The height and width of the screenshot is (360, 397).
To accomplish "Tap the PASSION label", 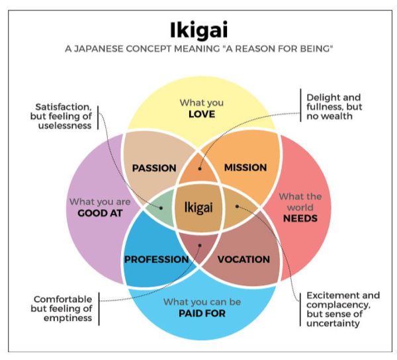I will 154,167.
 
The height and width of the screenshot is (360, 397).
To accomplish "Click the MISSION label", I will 245,167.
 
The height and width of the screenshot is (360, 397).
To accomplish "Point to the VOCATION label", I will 243,259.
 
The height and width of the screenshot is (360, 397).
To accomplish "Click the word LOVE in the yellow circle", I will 202,114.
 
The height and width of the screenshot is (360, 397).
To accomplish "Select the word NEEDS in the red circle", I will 300,218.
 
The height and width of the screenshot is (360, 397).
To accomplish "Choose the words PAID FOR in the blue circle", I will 202,313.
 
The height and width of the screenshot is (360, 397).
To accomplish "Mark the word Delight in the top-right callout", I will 323,97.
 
